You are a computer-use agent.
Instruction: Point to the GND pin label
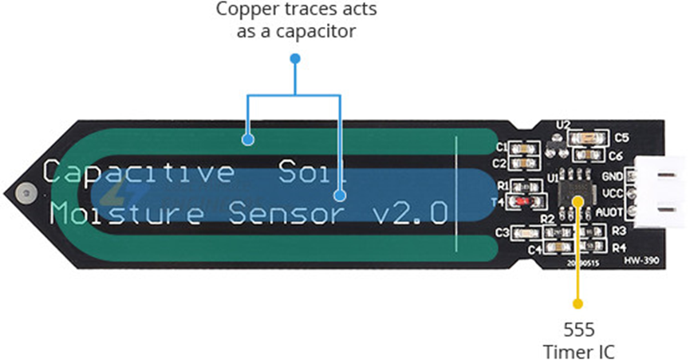[x=613, y=176]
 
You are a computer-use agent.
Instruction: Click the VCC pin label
[x=613, y=194]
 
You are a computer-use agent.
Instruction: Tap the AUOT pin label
[x=612, y=212]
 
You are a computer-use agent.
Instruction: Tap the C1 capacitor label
[x=502, y=148]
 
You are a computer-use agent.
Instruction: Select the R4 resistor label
[x=620, y=246]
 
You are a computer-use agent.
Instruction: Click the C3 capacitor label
[x=503, y=233]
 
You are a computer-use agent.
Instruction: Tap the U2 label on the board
[x=564, y=125]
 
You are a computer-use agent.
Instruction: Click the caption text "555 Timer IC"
[x=578, y=340]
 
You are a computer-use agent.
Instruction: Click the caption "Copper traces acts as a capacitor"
[x=296, y=21]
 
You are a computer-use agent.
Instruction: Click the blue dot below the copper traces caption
[x=295, y=57]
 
